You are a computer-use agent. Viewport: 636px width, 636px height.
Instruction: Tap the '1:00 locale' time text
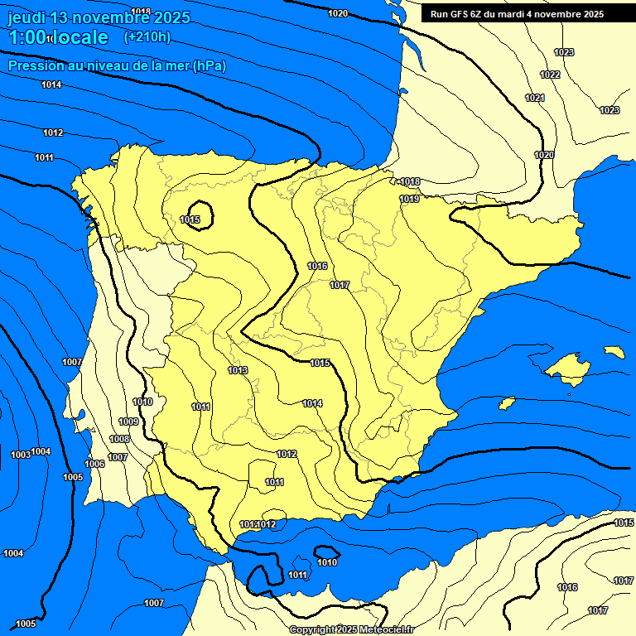(x=58, y=38)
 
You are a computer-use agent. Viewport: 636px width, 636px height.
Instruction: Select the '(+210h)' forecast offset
(x=147, y=36)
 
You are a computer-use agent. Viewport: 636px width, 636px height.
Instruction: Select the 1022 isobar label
(x=550, y=75)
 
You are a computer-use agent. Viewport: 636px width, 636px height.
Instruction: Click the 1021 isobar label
(x=535, y=98)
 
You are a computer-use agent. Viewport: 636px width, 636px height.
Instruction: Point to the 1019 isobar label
(x=409, y=199)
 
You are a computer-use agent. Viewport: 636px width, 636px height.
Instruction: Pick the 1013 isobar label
(x=238, y=370)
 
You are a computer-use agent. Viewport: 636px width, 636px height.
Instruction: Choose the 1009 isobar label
(x=128, y=422)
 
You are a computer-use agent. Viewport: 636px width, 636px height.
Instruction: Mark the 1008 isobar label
(x=119, y=439)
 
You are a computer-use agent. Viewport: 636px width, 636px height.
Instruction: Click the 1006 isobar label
(x=94, y=464)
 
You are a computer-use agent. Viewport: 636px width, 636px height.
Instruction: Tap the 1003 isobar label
(x=21, y=455)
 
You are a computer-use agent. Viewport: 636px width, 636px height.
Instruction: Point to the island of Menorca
(x=614, y=352)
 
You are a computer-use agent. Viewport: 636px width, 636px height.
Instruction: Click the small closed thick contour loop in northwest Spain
(x=200, y=215)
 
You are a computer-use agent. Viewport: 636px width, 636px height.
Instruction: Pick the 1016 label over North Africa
(x=567, y=587)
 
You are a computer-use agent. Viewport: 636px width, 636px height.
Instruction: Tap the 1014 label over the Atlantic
(x=51, y=84)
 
